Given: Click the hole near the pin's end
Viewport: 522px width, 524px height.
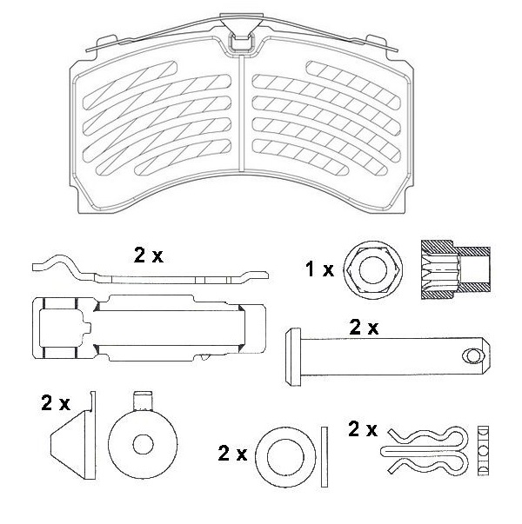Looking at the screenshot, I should click(x=472, y=355).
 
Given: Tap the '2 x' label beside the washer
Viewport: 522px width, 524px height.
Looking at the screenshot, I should click(x=233, y=453).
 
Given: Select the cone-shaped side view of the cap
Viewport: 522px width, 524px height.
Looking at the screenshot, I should click(x=71, y=443).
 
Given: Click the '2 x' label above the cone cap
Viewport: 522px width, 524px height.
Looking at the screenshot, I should click(x=56, y=402).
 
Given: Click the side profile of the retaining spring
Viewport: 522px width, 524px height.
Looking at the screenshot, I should click(x=148, y=275).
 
